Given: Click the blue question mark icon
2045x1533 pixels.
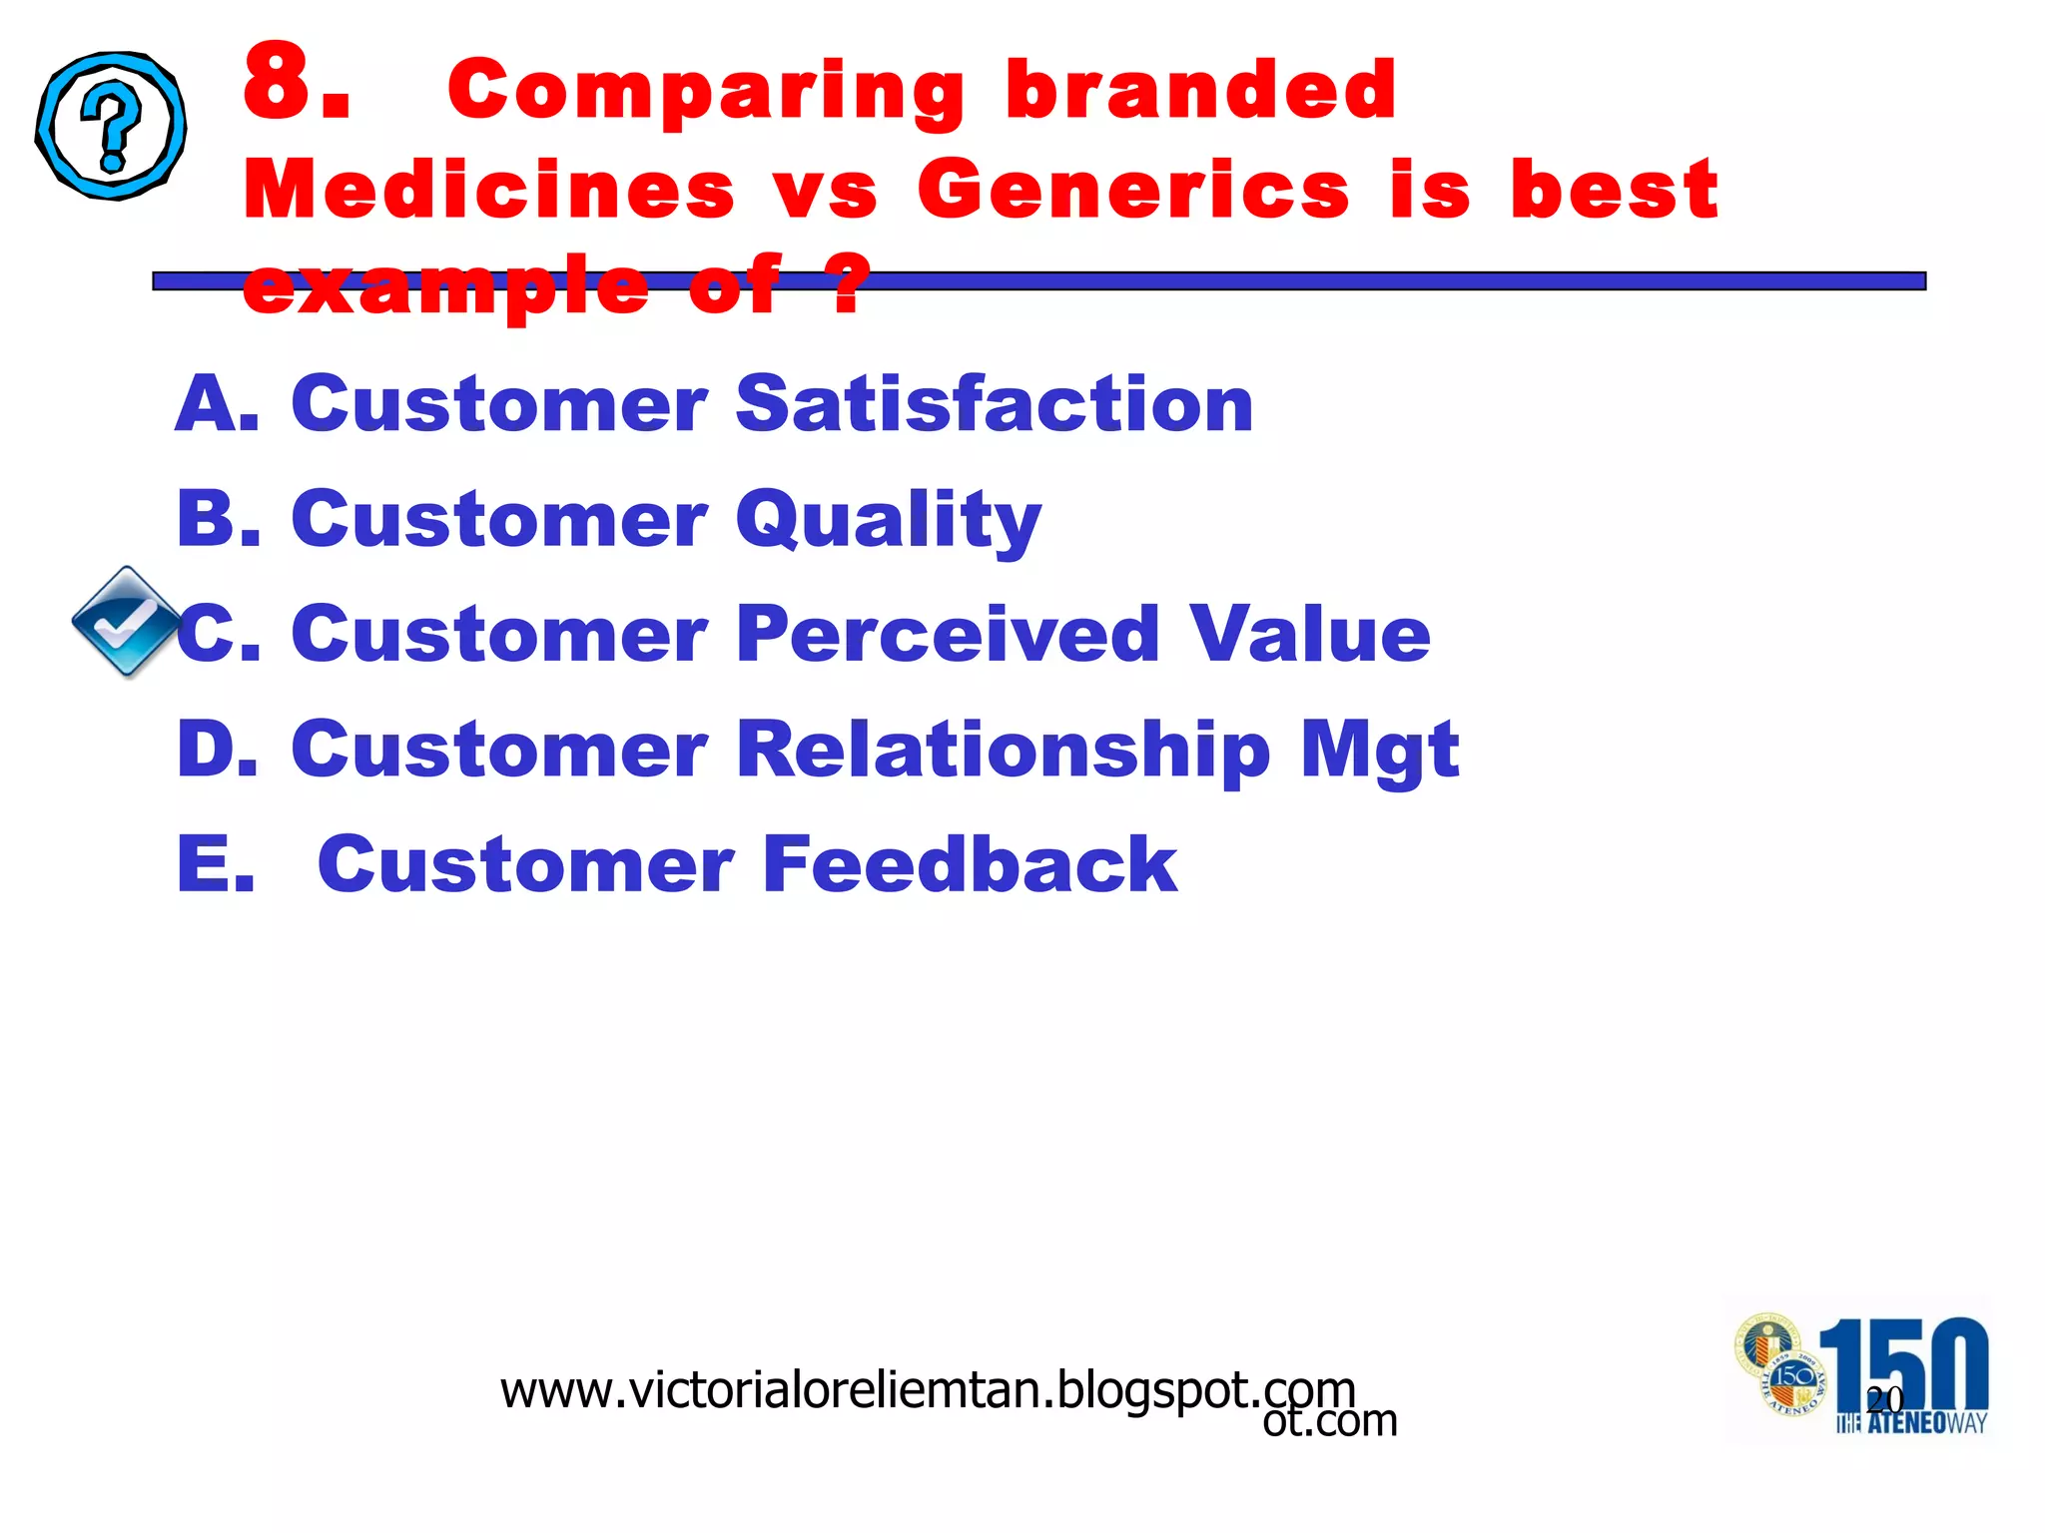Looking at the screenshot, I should click(111, 126).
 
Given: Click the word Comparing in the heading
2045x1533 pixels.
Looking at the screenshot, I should click(706, 93).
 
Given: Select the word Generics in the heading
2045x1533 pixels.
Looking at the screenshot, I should click(1133, 190).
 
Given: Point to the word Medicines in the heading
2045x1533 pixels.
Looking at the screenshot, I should click(489, 190).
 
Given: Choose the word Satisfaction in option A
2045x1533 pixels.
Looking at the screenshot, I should click(995, 404).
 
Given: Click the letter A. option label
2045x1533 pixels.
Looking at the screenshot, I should click(217, 404).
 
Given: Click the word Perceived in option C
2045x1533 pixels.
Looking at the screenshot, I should click(948, 635).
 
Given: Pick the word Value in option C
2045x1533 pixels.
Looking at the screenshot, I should click(1310, 635).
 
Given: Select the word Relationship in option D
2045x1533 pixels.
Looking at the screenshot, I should click(1004, 751).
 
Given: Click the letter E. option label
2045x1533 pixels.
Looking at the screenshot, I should click(216, 864).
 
